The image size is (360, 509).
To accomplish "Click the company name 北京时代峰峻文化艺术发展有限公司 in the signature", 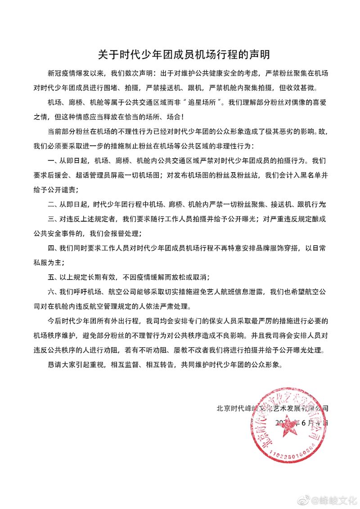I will point(272,408).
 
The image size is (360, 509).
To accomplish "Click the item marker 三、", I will point(52,220).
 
